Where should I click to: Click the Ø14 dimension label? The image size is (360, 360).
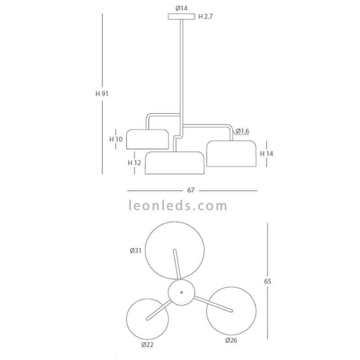181,9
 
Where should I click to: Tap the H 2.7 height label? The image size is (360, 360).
206,17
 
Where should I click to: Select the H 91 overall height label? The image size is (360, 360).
102,94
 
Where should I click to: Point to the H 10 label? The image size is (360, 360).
116,139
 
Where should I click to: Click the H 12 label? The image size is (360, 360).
134,163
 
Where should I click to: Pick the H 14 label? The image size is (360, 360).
266,153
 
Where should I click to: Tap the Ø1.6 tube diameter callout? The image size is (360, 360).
243,131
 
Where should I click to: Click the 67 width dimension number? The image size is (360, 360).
191,190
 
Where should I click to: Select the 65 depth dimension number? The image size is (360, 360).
268,281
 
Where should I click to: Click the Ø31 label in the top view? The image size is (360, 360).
135,251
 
